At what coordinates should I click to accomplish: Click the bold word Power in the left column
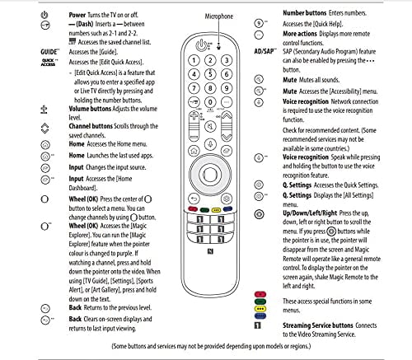pos(80,14)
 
